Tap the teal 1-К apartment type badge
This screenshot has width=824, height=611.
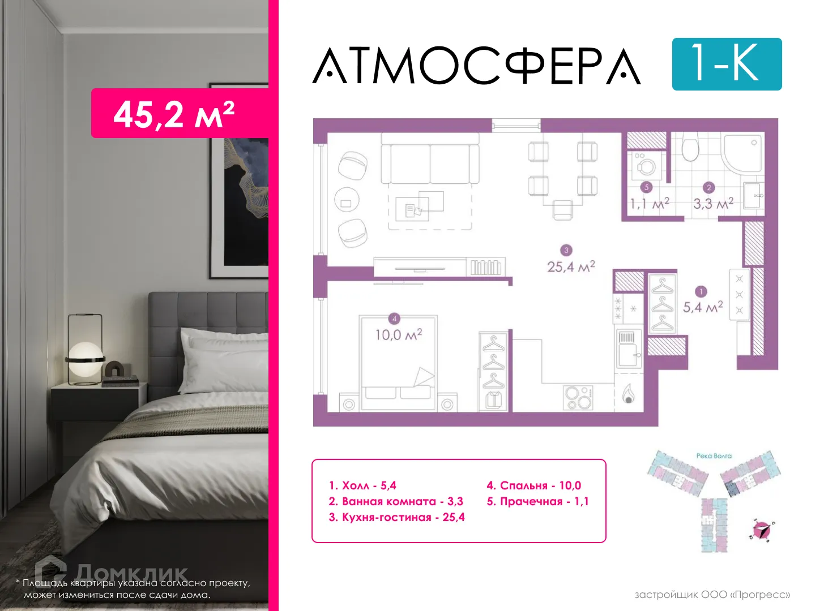coord(727,64)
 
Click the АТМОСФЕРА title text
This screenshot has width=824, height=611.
coord(477,66)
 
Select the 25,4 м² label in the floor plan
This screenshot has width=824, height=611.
coord(571,266)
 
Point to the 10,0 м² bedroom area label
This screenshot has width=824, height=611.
coord(398,334)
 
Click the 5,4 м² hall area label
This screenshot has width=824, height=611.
coord(702,307)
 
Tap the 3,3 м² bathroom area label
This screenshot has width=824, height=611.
coord(712,203)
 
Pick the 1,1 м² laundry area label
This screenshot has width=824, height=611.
coord(649,203)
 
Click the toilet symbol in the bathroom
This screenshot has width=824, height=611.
coord(690,148)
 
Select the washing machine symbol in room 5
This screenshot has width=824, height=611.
coord(646,165)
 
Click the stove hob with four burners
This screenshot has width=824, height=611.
coord(578,397)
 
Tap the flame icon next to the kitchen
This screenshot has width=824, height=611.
coord(628,394)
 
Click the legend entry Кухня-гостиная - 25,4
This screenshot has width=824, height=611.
coord(396,517)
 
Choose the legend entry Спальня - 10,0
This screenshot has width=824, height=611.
coord(533,485)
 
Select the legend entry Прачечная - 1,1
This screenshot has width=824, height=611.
coord(537,501)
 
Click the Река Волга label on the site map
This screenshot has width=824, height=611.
coord(714,455)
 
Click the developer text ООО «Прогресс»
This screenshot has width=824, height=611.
coord(712,595)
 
